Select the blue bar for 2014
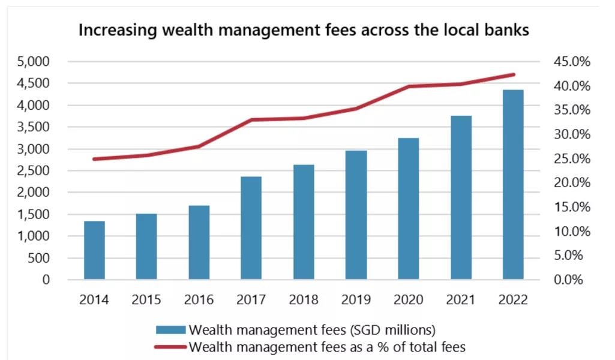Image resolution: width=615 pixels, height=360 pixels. pyautogui.click(x=94, y=250)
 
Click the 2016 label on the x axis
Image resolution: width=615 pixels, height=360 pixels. pyautogui.click(x=199, y=299)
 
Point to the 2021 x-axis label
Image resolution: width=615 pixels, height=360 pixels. pyautogui.click(x=461, y=299)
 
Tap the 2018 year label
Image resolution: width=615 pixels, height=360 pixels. pyautogui.click(x=304, y=299)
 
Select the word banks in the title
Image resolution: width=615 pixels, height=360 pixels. pyautogui.click(x=507, y=30)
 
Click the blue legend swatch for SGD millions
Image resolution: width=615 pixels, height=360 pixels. pyautogui.click(x=171, y=329)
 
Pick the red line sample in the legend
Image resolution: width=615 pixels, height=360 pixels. pyautogui.click(x=171, y=346)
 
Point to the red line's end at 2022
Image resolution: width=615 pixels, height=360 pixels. pyautogui.click(x=513, y=74)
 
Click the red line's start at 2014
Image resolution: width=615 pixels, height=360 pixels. pyautogui.click(x=94, y=159)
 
